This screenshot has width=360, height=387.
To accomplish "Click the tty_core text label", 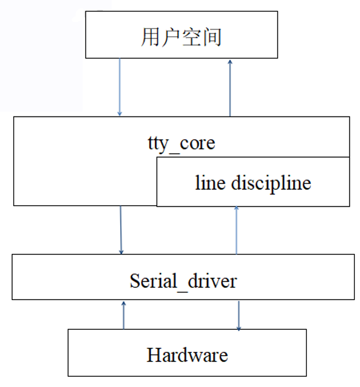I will click(x=181, y=143).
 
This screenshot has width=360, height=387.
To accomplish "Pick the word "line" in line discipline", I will click(x=210, y=182).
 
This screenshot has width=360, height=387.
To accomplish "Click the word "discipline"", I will click(x=270, y=182).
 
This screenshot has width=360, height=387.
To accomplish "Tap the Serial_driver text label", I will click(x=183, y=281).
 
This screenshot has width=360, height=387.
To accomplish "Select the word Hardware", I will click(x=187, y=354).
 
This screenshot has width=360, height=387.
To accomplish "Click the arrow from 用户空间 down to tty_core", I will click(x=119, y=87).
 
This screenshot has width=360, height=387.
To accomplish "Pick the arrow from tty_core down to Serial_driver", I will click(x=121, y=230).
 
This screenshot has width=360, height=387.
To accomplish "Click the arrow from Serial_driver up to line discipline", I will click(x=236, y=230).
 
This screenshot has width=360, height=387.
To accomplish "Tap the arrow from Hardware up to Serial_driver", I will click(x=123, y=315).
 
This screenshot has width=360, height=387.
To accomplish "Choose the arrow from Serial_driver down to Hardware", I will click(x=238, y=315).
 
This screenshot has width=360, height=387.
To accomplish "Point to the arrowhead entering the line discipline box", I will click(x=236, y=209).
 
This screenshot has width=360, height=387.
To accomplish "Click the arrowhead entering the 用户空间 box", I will click(x=230, y=61).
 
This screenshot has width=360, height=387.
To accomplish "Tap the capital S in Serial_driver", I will click(x=135, y=281).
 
